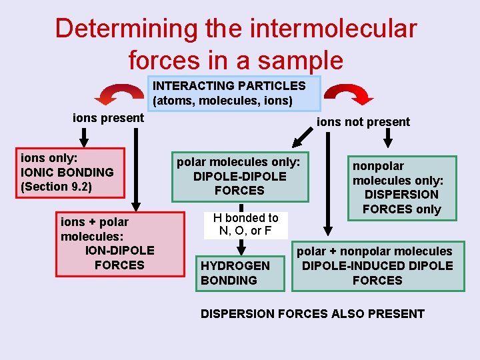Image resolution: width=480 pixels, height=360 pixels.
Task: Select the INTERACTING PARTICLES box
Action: coord(233,93)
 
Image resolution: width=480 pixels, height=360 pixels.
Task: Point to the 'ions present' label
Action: coord(108,118)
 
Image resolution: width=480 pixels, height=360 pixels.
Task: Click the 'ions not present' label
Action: coord(363,122)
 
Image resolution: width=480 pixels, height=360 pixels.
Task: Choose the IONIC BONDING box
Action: coord(71,173)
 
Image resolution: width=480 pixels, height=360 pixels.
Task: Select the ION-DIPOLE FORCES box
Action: coord(120,244)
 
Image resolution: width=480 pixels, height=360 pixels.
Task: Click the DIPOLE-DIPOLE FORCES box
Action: coord(239,177)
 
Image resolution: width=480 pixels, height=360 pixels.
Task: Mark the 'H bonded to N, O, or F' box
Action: coord(246,225)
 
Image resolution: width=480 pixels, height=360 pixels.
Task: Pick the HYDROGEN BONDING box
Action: coord(235,273)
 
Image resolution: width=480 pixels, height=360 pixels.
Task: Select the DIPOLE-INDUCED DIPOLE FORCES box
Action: coord(377,266)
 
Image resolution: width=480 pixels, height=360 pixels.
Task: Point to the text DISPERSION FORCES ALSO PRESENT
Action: coord(313,314)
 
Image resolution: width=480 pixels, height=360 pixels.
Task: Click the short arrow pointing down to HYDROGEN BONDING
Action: coord(240,245)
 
